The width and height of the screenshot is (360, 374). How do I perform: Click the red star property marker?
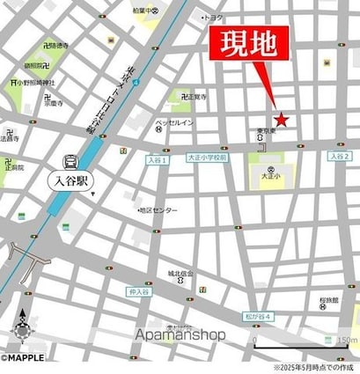pos(281,119)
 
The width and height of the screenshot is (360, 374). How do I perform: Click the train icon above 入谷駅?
pos(70,162)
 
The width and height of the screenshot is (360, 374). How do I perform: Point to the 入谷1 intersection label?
pos(156,160)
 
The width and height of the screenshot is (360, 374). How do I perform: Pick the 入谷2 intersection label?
pos(340,156)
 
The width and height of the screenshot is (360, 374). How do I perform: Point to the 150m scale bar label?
pos(347,341)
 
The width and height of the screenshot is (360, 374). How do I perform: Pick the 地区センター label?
pos(159,210)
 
